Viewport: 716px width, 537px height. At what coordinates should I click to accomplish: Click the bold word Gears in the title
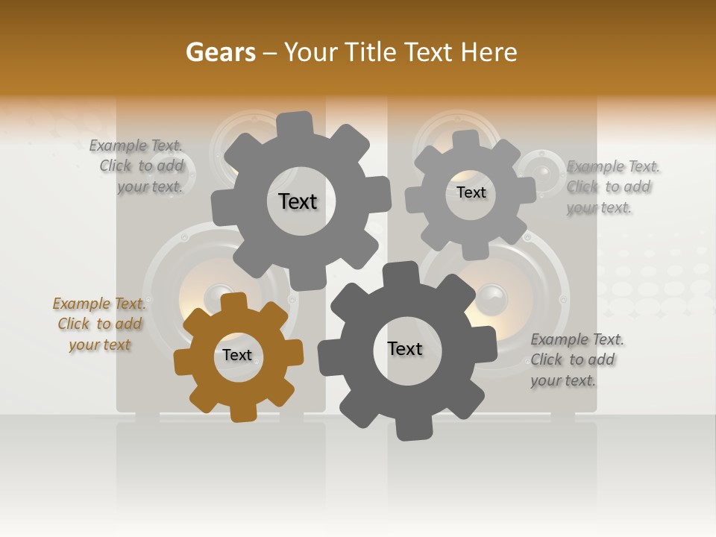[220, 52]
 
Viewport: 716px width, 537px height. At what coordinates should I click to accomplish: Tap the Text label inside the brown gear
[237, 355]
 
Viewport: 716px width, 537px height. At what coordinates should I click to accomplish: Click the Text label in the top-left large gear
[298, 201]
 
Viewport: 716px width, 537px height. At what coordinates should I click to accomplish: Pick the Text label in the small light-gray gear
[471, 192]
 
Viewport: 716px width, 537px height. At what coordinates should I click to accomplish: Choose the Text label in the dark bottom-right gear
[405, 348]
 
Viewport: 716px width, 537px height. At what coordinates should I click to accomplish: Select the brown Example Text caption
[99, 324]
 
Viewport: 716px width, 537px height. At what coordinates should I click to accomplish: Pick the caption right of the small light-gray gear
[612, 186]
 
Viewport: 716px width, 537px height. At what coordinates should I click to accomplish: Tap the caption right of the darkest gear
[576, 359]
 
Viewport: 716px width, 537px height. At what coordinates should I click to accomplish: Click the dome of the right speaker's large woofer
[492, 298]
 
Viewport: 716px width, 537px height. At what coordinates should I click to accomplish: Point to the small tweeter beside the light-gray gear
[542, 171]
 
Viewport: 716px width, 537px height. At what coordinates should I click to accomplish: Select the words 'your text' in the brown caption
[100, 345]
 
